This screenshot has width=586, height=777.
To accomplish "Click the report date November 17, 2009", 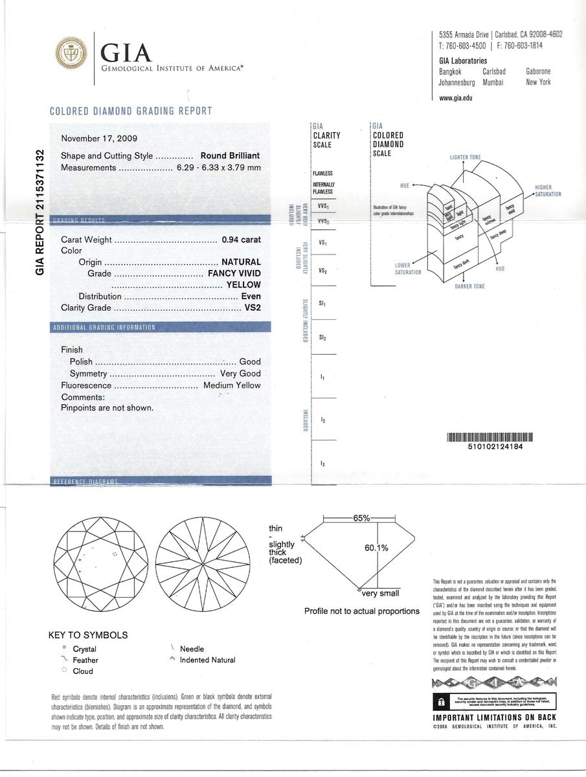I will pyautogui.click(x=99, y=139).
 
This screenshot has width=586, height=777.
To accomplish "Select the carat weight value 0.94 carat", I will pyautogui.click(x=241, y=240).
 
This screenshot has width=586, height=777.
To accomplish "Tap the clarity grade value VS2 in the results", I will pyautogui.click(x=252, y=308).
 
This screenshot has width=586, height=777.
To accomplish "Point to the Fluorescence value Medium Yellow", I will pyautogui.click(x=232, y=385).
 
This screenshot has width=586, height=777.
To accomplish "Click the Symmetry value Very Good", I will pyautogui.click(x=240, y=374).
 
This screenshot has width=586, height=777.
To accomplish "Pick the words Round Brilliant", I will pyautogui.click(x=231, y=155).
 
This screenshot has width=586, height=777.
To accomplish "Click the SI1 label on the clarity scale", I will pyautogui.click(x=322, y=303).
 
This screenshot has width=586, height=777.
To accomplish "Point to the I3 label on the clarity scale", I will pyautogui.click(x=322, y=464).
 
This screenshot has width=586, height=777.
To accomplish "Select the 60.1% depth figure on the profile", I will pyautogui.click(x=376, y=548).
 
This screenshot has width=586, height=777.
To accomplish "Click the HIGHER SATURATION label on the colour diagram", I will pyautogui.click(x=547, y=191).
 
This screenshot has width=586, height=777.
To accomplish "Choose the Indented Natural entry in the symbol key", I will pyautogui.click(x=207, y=660).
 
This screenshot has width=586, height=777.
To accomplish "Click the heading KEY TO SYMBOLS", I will pyautogui.click(x=88, y=635).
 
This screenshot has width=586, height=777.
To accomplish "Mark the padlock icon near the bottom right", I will pyautogui.click(x=440, y=702).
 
